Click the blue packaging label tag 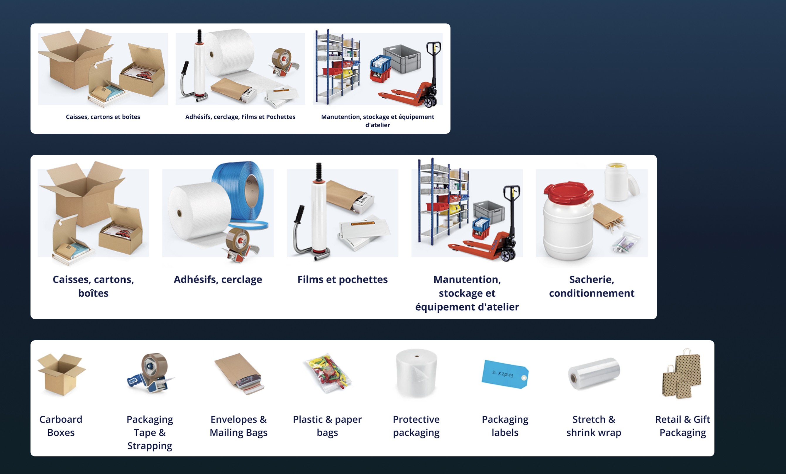tap(505, 374)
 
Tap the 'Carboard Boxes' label tap(61, 426)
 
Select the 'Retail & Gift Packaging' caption tap(683, 426)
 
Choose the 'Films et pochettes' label tap(343, 280)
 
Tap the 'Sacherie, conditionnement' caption tap(592, 286)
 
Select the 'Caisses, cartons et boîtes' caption tap(103, 117)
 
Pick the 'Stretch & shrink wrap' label tap(594, 426)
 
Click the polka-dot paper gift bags tap(682, 374)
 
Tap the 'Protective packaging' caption tap(416, 426)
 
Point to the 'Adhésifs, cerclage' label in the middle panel tap(218, 280)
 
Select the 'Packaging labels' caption tap(505, 426)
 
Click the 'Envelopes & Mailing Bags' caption tap(239, 426)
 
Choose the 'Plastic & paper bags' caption tap(327, 426)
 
